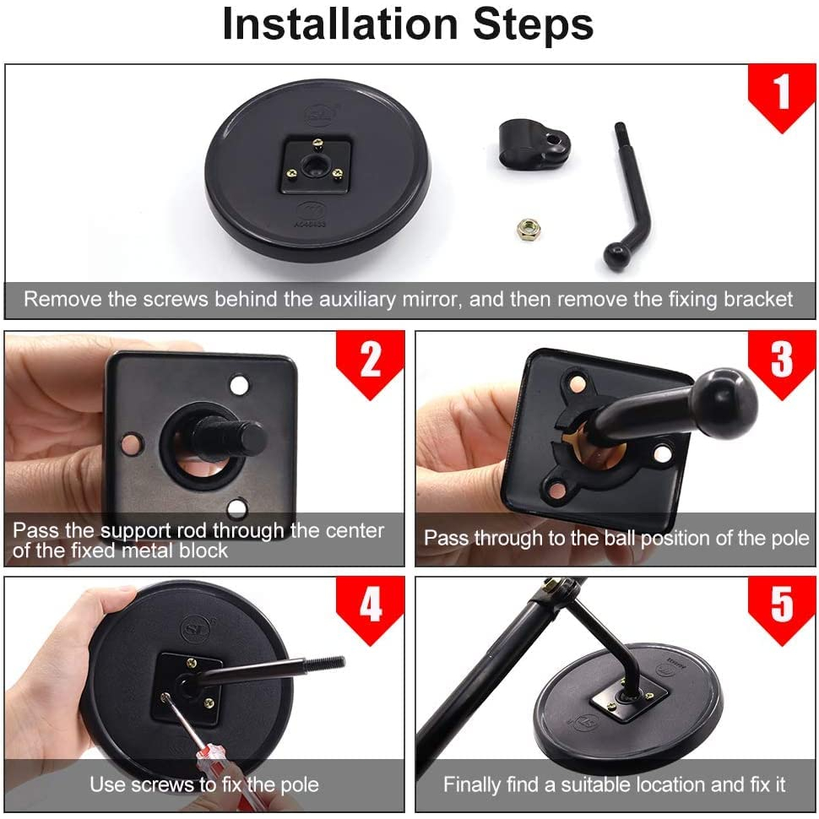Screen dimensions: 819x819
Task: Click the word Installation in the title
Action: coord(340,24)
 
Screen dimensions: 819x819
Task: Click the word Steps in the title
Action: coord(534,24)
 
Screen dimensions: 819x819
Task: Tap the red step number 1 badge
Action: coord(781,97)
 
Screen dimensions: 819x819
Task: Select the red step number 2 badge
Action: coord(371,364)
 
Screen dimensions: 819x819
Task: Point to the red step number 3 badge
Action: coord(782,364)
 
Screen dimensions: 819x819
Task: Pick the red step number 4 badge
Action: coord(371,610)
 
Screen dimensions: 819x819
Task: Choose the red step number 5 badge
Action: coord(782,610)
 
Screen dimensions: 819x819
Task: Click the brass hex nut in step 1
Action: coord(529,229)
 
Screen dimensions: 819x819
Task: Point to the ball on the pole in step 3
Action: coord(723,401)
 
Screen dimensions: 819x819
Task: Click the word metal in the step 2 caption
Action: coord(149,551)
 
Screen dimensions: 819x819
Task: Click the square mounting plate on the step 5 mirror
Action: coord(628,697)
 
